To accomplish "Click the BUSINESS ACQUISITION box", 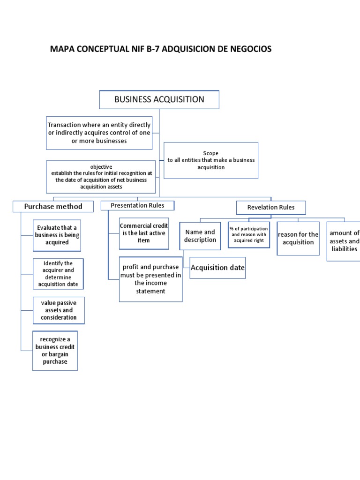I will click(159, 99).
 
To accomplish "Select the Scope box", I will click(211, 160).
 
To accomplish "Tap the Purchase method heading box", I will click(53, 206).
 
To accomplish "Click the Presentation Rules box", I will click(138, 205).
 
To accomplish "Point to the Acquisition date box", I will click(217, 268).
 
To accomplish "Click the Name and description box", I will click(200, 236).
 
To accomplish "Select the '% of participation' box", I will click(248, 234).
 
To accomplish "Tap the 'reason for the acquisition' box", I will click(298, 238).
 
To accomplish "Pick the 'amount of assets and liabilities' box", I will click(344, 241).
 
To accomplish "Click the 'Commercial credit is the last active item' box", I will click(144, 233).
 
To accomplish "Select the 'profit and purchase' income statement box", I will click(150, 279).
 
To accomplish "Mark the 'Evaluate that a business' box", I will click(57, 235).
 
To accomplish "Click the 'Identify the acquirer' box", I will click(59, 274).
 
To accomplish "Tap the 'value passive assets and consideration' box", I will click(59, 310).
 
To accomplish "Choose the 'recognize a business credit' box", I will click(55, 351).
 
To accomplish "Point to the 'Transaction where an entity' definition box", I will click(99, 133).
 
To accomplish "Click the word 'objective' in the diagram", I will click(101, 167).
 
